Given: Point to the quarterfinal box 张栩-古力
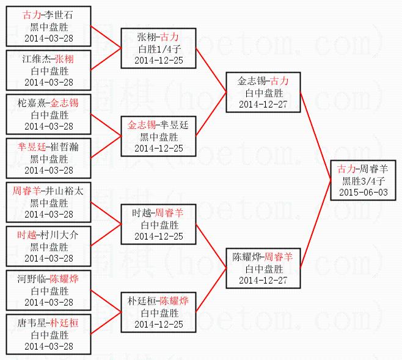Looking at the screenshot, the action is (158, 48).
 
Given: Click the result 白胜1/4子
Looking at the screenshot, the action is (158, 48).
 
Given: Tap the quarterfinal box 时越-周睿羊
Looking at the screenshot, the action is (158, 224).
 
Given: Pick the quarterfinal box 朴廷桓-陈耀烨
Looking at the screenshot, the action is (158, 312).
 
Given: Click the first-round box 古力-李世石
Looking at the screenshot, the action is (48, 26).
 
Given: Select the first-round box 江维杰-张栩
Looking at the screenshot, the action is (48, 70).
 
